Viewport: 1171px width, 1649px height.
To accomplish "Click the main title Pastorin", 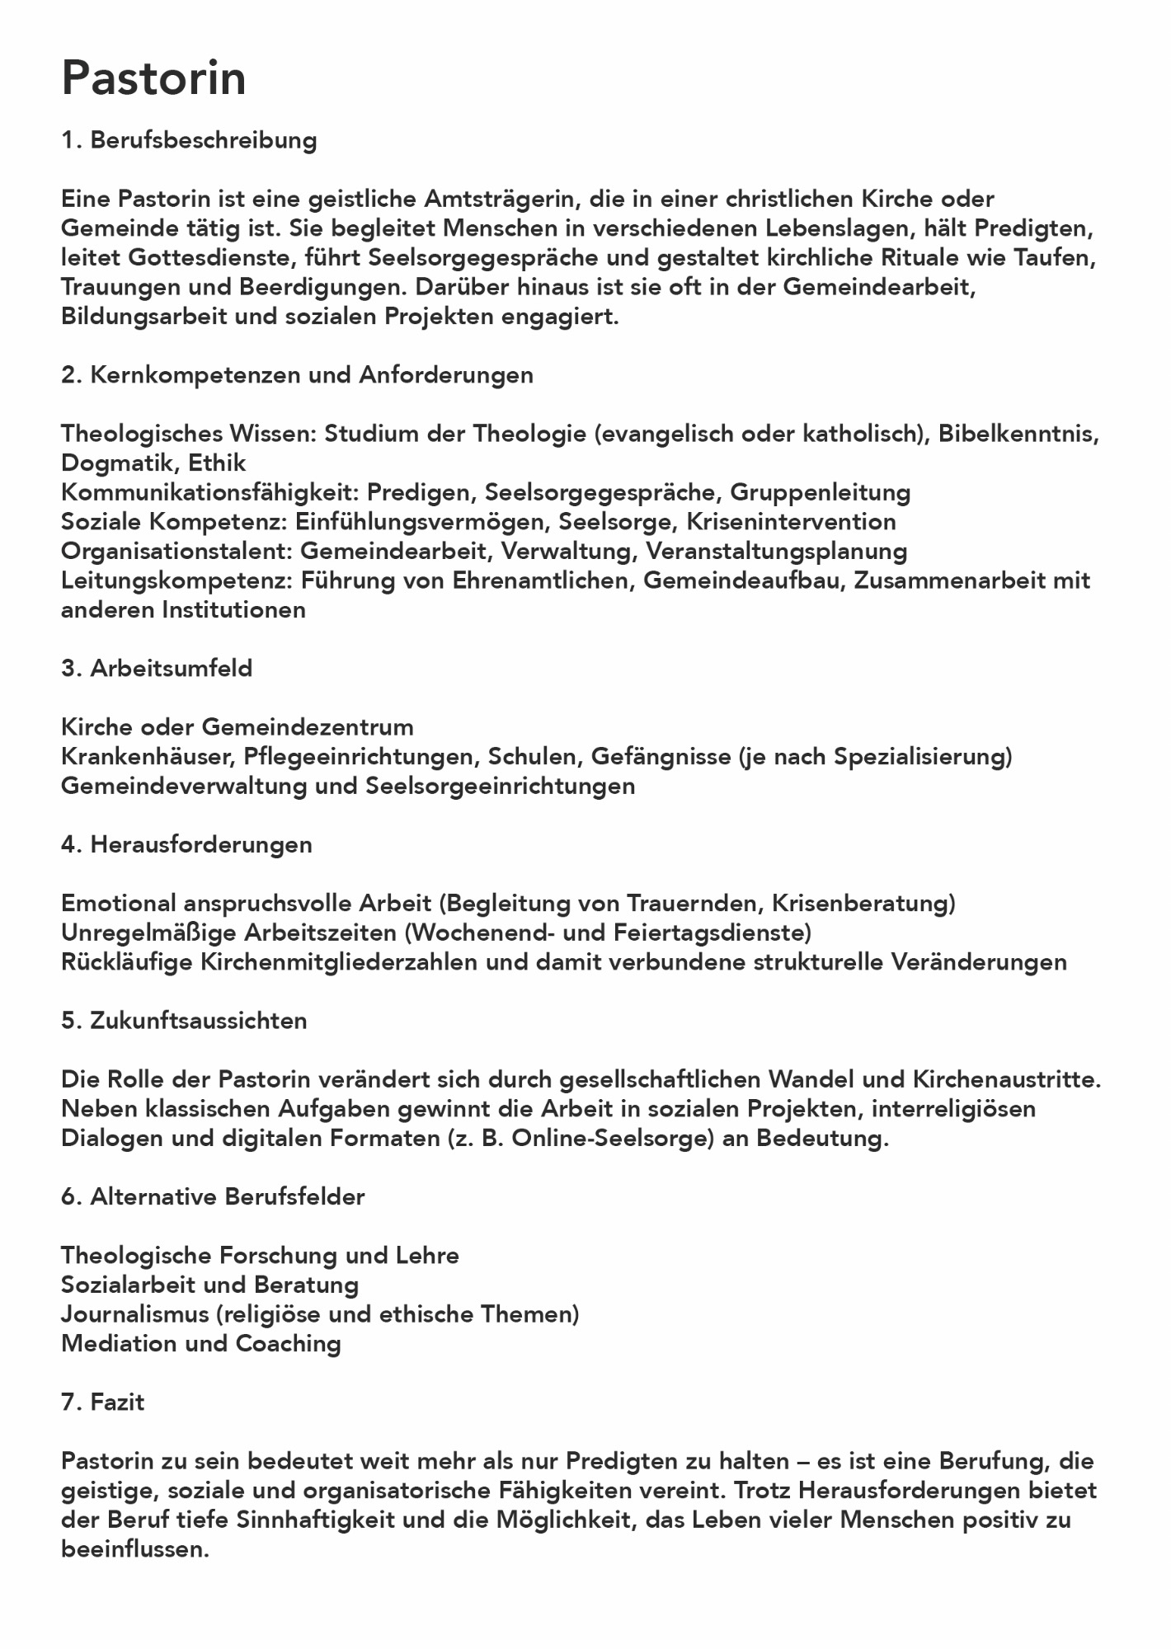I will (153, 79).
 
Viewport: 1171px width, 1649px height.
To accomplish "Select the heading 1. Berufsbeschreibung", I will (189, 140).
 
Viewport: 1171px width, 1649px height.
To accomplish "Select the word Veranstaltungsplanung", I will (776, 551).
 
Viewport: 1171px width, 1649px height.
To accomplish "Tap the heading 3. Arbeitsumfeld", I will (157, 669).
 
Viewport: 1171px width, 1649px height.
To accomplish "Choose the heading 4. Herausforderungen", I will (186, 844).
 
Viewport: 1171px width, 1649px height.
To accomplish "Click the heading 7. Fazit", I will (103, 1402).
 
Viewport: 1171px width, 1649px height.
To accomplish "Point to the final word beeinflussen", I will (134, 1549).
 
